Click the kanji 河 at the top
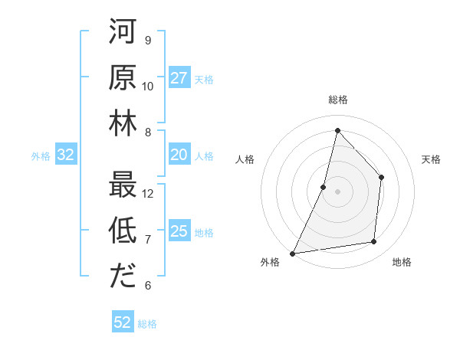coord(123,33)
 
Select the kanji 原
coord(123,78)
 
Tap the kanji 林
coord(123,123)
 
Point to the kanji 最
coord(123,185)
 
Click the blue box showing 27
coord(179,78)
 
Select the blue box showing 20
coord(179,155)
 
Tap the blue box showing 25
coord(179,231)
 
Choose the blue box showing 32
coord(66,155)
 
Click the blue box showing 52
coord(123,322)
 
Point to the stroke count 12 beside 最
coord(148,193)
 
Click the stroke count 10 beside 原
coord(148,86)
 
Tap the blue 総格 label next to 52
coord(147,324)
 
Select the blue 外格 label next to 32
coord(41,156)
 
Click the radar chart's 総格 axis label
coord(337,100)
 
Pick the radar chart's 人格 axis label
coord(245,160)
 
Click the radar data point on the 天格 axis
coord(381,178)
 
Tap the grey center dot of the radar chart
coord(337,191)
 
